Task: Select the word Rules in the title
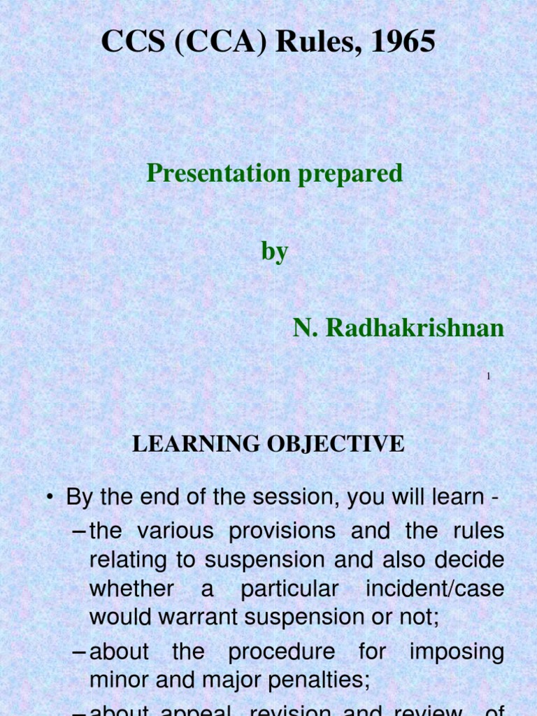coord(308,43)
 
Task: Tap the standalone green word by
coord(274,251)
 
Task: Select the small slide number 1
coord(489,377)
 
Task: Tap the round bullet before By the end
coord(50,498)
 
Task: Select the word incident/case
coord(434,589)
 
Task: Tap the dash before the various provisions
coord(80,531)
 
